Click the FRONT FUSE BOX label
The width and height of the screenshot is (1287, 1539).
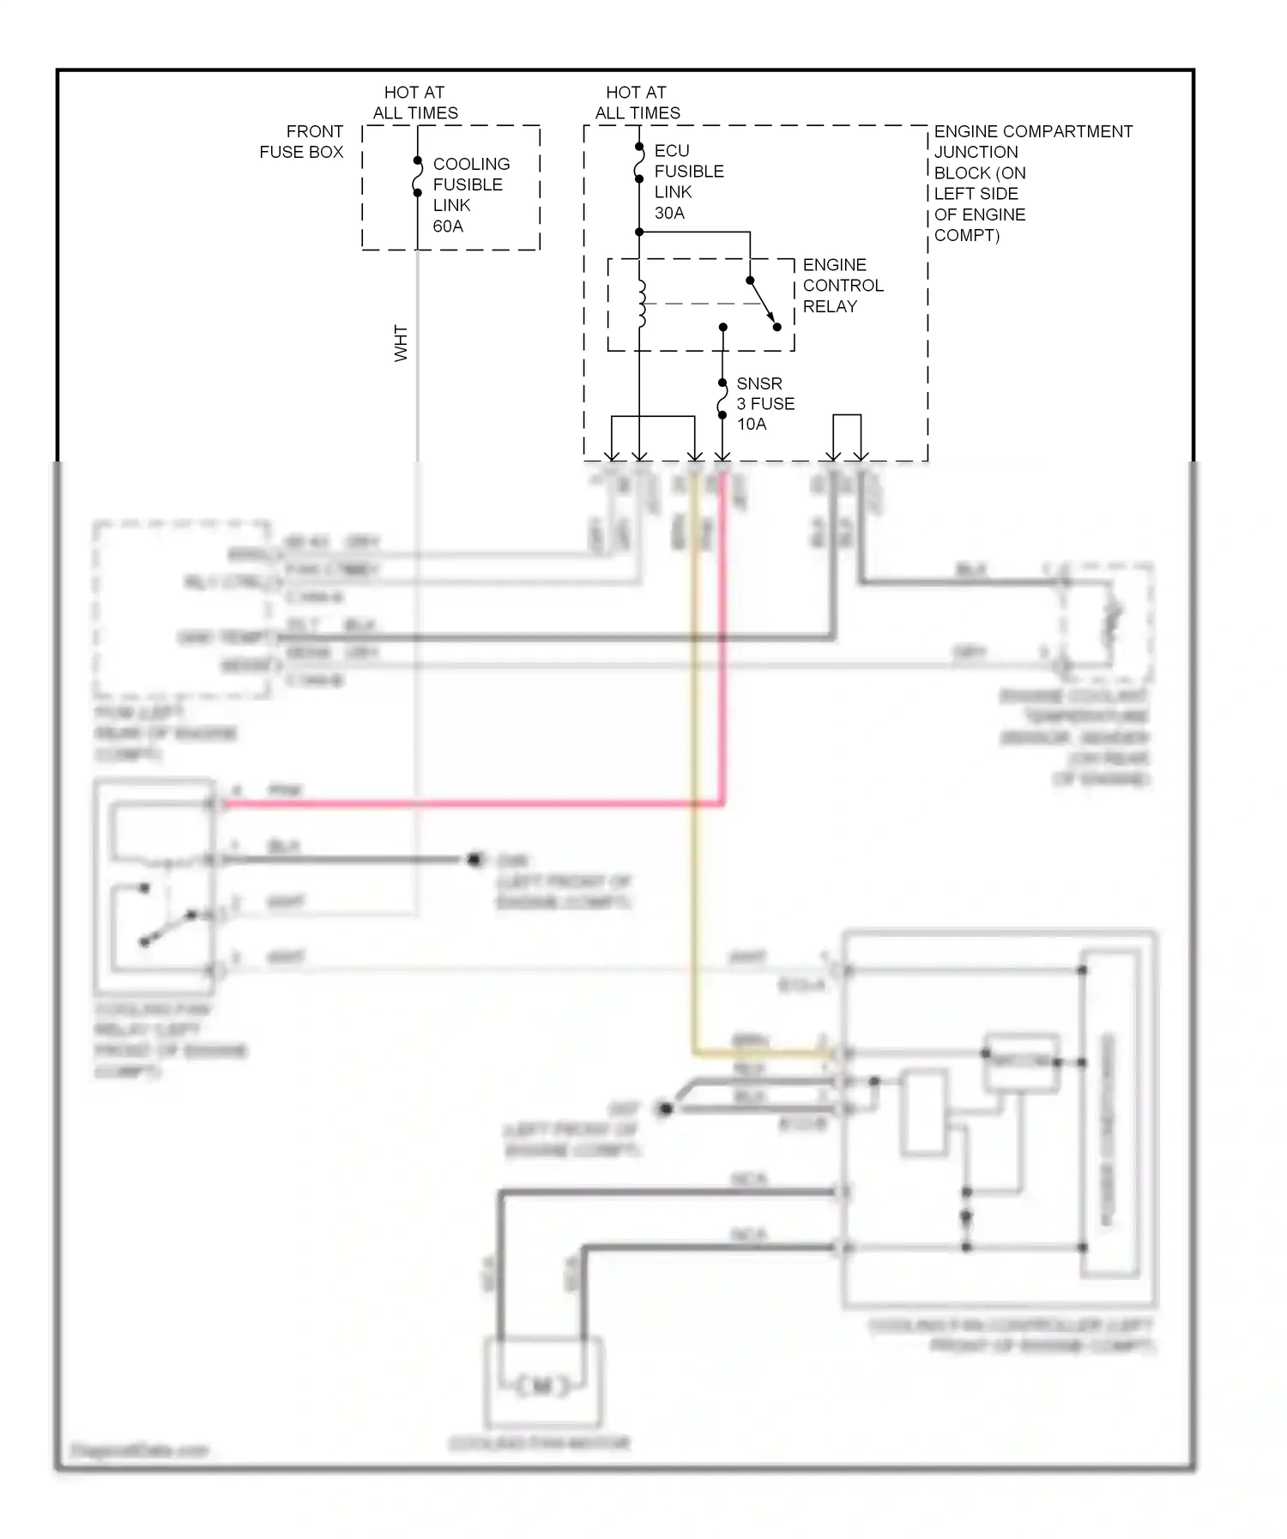[301, 142]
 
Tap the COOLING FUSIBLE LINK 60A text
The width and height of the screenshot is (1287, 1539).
[470, 195]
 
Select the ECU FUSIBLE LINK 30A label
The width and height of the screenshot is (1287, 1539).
[688, 182]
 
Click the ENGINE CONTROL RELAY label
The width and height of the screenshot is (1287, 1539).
[842, 285]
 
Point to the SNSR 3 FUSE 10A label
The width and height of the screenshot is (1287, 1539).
[764, 403]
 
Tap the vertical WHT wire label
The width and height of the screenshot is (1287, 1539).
[401, 343]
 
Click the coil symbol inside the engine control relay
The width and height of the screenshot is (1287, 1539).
[641, 304]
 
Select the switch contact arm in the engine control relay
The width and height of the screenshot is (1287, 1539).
[763, 303]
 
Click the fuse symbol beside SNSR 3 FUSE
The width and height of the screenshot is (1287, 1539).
[722, 400]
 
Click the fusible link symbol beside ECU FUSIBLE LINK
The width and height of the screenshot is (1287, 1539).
[639, 163]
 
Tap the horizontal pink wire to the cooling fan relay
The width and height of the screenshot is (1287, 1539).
[472, 804]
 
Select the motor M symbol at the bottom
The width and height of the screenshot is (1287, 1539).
[542, 1385]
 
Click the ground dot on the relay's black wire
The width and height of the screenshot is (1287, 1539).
[474, 859]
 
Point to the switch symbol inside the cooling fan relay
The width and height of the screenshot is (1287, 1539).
[167, 926]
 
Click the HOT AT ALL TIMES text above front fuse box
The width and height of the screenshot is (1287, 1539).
[414, 102]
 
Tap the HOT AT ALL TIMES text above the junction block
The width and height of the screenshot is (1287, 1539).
[637, 102]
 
